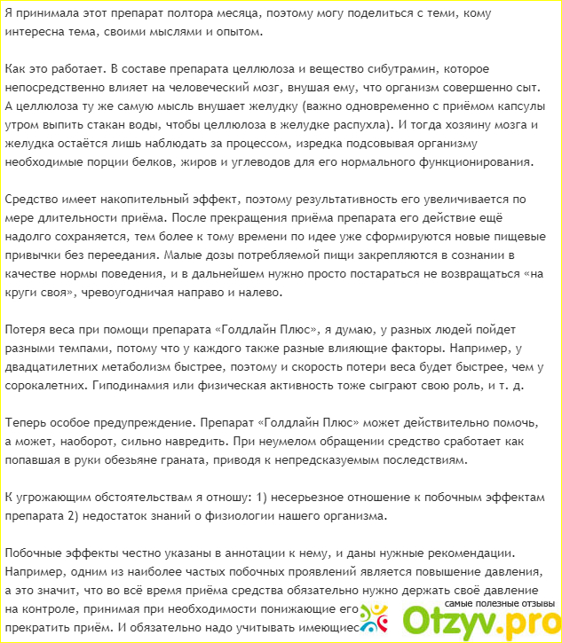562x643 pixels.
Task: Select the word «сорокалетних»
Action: pos(49,387)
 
